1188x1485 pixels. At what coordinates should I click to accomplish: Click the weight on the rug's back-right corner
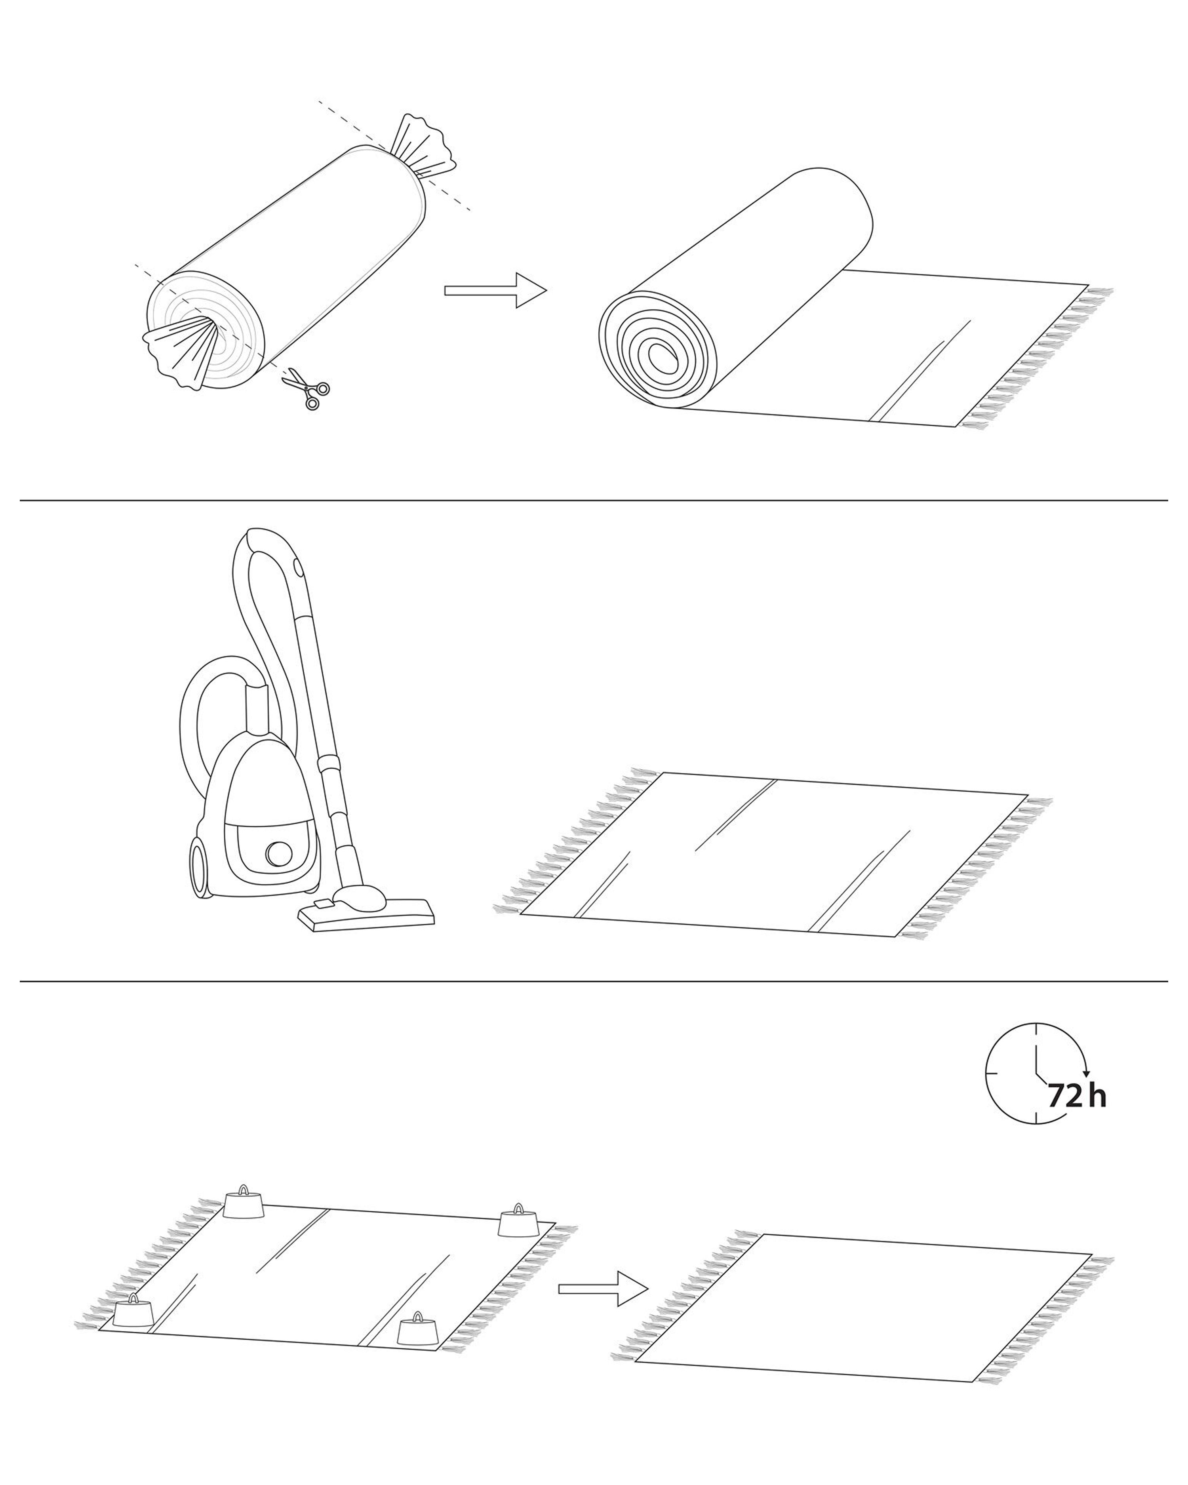(518, 1239)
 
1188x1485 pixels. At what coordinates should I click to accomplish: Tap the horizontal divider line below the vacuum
(594, 981)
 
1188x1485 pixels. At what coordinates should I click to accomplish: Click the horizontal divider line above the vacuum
(594, 500)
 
